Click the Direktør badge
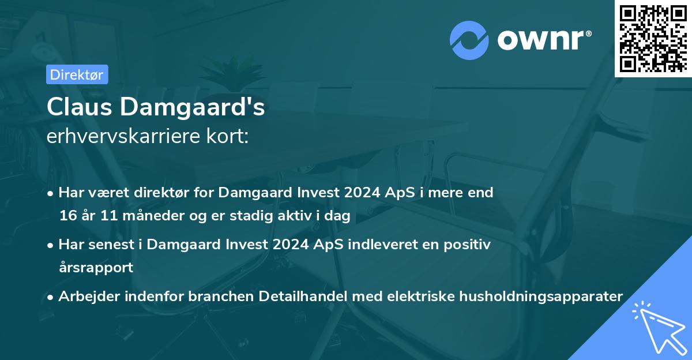pyautogui.click(x=77, y=74)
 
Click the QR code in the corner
pyautogui.click(x=653, y=38)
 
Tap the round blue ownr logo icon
pyautogui.click(x=468, y=40)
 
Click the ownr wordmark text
pyautogui.click(x=543, y=40)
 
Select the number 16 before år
pyautogui.click(x=67, y=216)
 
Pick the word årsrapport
pyautogui.click(x=96, y=268)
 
